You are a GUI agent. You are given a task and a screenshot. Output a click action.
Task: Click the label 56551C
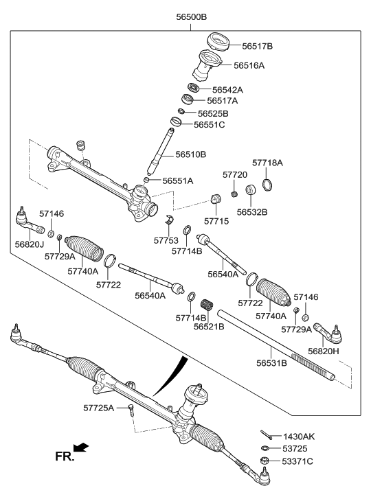[x=209, y=124]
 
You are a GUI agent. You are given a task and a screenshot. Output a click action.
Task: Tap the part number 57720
[x=234, y=175]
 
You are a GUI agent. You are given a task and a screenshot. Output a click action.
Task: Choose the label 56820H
[x=324, y=350]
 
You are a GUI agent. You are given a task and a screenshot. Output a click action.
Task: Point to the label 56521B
[x=209, y=326]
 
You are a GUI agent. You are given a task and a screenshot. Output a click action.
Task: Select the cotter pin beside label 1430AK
[x=268, y=435]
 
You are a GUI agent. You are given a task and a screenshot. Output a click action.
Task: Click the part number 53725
[x=297, y=448]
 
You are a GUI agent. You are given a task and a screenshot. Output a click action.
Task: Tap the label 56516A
[x=249, y=65]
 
